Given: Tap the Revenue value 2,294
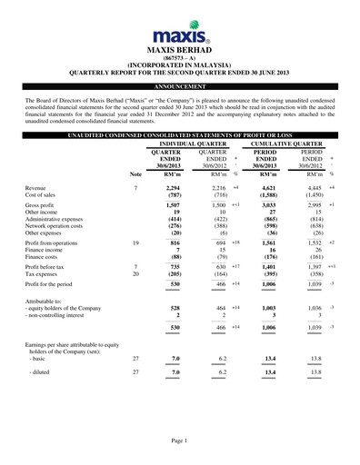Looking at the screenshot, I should (169, 186).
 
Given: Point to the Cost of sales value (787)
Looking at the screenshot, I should (169, 194).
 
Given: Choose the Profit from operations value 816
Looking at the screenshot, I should (171, 244).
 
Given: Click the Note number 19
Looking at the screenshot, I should (135, 244).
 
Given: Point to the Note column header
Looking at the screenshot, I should (135, 173).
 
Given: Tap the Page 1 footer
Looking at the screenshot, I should (179, 440).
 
